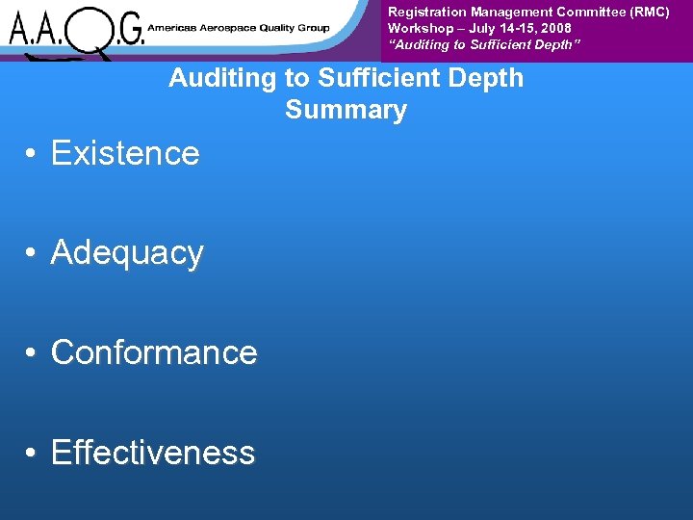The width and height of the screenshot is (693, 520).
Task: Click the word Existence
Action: [125, 153]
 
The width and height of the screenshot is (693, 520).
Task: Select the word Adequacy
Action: [127, 252]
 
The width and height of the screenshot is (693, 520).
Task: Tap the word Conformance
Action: [154, 352]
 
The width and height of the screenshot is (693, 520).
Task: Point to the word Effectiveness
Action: [153, 453]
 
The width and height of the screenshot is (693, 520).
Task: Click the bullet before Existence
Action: [32, 154]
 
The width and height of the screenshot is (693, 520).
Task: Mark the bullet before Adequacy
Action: [32, 253]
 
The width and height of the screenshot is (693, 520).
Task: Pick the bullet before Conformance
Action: [32, 353]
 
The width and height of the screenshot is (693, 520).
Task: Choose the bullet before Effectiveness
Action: [32, 454]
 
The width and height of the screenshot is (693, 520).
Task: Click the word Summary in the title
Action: [346, 110]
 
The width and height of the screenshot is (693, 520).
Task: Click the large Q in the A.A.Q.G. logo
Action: [92, 32]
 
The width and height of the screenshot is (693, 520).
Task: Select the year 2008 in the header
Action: [555, 28]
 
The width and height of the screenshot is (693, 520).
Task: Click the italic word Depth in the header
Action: [559, 44]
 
